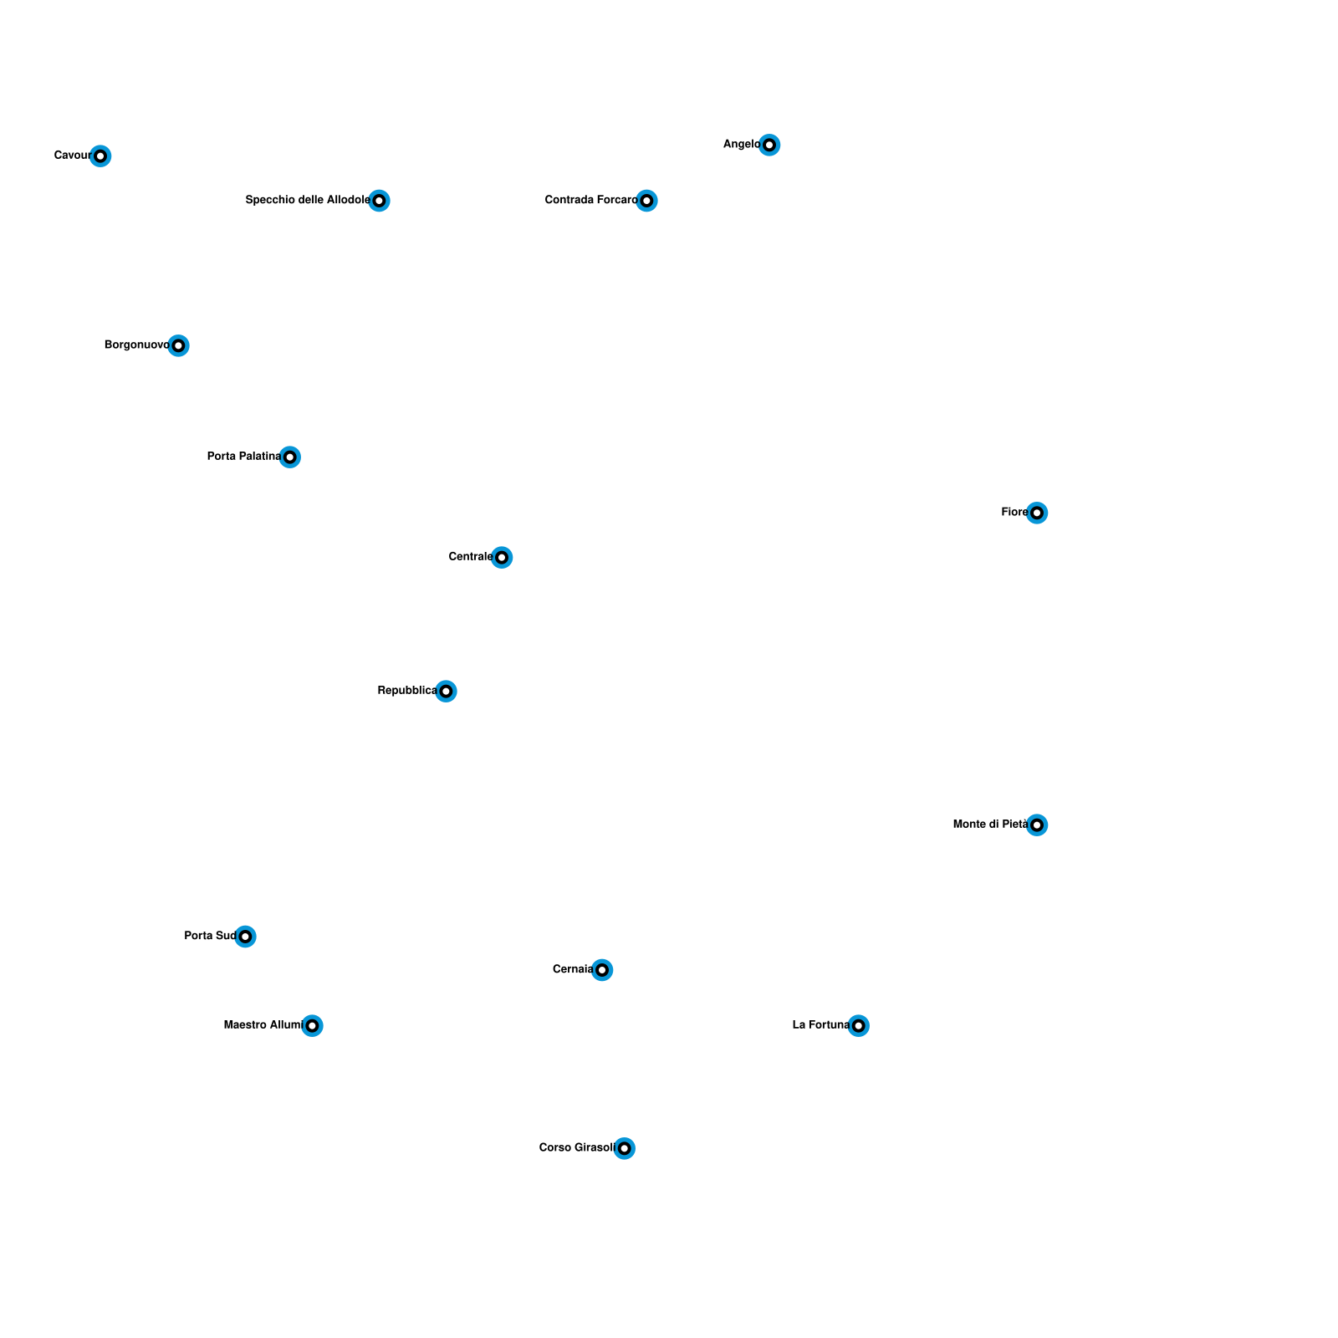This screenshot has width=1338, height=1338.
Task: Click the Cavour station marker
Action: tap(100, 156)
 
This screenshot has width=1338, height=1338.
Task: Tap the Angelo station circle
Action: tap(769, 146)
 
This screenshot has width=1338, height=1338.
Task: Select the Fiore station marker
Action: tap(1037, 513)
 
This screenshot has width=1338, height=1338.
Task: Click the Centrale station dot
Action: tap(502, 558)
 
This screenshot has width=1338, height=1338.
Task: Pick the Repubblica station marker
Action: tap(447, 692)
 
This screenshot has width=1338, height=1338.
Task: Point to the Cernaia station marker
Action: tap(602, 970)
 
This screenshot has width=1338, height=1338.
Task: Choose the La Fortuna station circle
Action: tap(859, 1026)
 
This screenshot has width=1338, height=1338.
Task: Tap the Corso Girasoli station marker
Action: tap(625, 1148)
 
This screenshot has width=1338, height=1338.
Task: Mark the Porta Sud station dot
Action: tap(245, 937)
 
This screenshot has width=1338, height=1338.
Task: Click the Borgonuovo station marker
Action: tap(178, 345)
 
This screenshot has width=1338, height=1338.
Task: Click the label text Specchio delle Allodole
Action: tap(307, 200)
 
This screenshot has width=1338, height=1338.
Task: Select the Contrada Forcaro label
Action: tap(590, 200)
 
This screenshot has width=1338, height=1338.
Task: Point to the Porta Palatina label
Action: tap(243, 457)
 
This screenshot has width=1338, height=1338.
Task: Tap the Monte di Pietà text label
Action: tap(990, 825)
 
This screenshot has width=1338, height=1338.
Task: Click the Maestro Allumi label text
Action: tap(262, 1025)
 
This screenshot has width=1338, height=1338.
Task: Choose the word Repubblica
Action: tap(406, 691)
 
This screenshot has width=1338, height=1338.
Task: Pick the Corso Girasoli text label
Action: tap(576, 1148)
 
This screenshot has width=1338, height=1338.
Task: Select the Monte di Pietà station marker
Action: tap(1037, 825)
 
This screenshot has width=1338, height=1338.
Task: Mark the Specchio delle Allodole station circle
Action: tap(380, 201)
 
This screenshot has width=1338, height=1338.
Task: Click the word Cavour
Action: tap(72, 156)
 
